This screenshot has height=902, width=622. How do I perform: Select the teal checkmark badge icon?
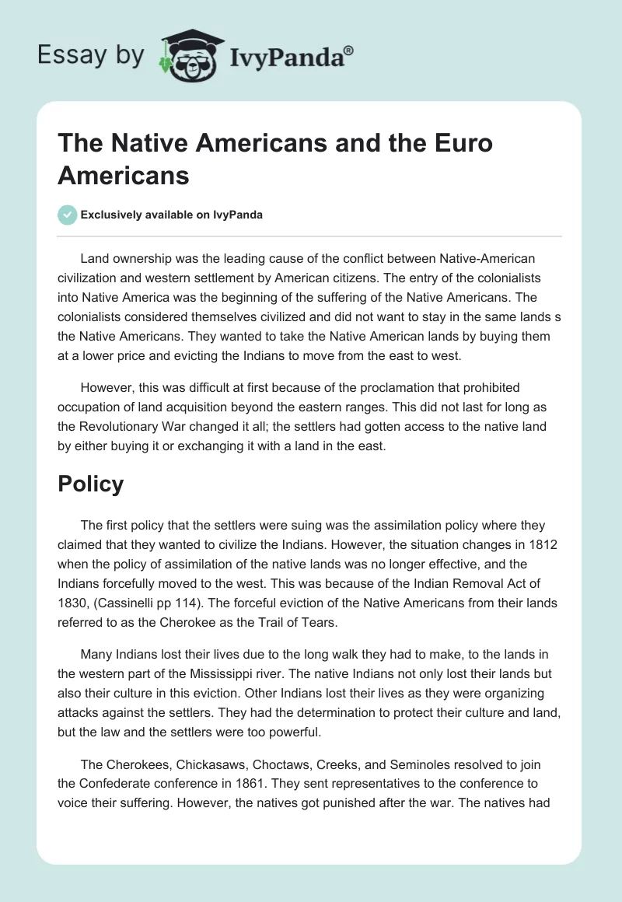[68, 215]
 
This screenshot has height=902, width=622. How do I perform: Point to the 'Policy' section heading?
[90, 484]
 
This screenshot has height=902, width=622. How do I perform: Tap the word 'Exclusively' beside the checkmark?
[112, 215]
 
